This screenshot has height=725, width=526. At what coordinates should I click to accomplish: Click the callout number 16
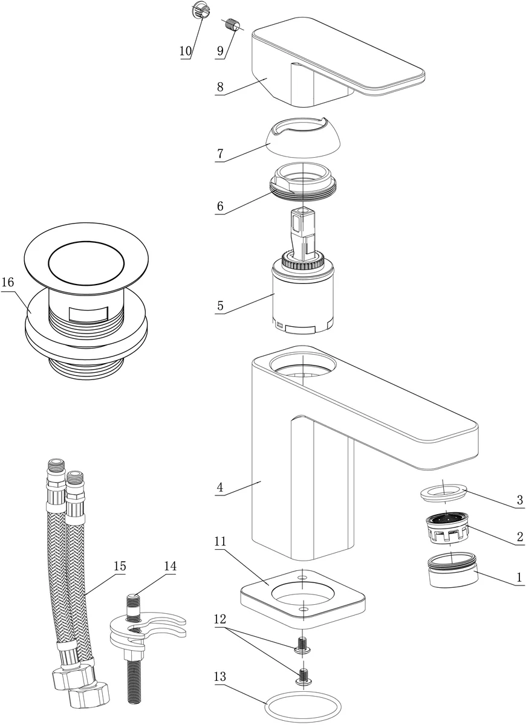pos(7,282)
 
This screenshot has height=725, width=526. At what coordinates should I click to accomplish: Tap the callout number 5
pos(220,306)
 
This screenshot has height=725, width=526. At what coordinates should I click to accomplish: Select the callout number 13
pos(219,677)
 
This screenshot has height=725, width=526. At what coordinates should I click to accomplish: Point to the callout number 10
pos(185,51)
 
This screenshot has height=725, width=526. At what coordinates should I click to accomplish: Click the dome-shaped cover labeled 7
pos(302,138)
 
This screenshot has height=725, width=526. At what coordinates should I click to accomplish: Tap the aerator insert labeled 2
pos(448,527)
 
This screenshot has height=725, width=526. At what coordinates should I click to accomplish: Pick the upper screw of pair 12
pos(302,645)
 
